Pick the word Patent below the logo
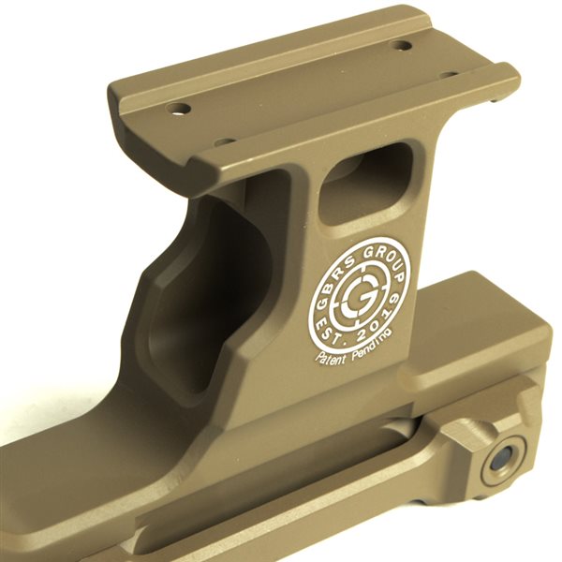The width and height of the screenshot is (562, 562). point(331,357)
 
